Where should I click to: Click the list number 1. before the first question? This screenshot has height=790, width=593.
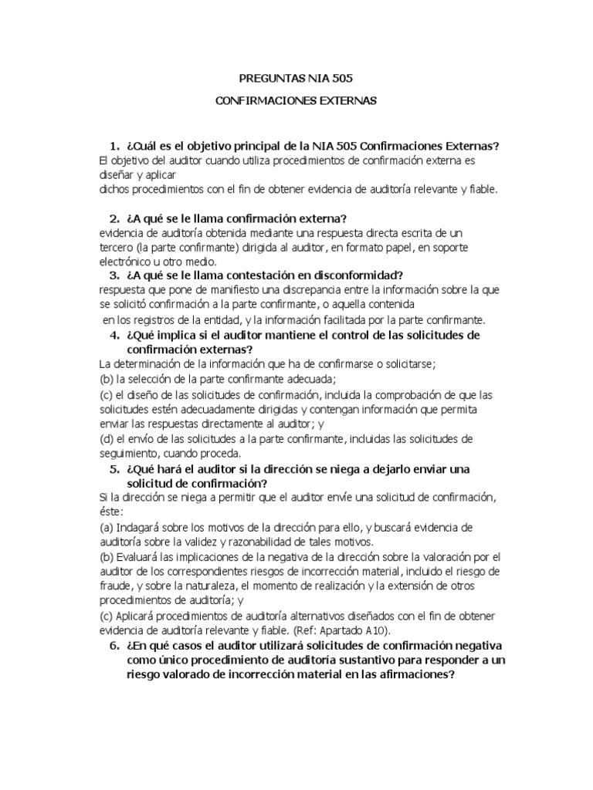[x=114, y=147]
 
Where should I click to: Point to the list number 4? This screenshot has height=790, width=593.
[x=114, y=336]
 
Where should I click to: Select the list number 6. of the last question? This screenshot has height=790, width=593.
[x=114, y=645]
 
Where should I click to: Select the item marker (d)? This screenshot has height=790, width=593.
[x=107, y=439]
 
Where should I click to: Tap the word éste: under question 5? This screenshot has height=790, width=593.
[x=112, y=512]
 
